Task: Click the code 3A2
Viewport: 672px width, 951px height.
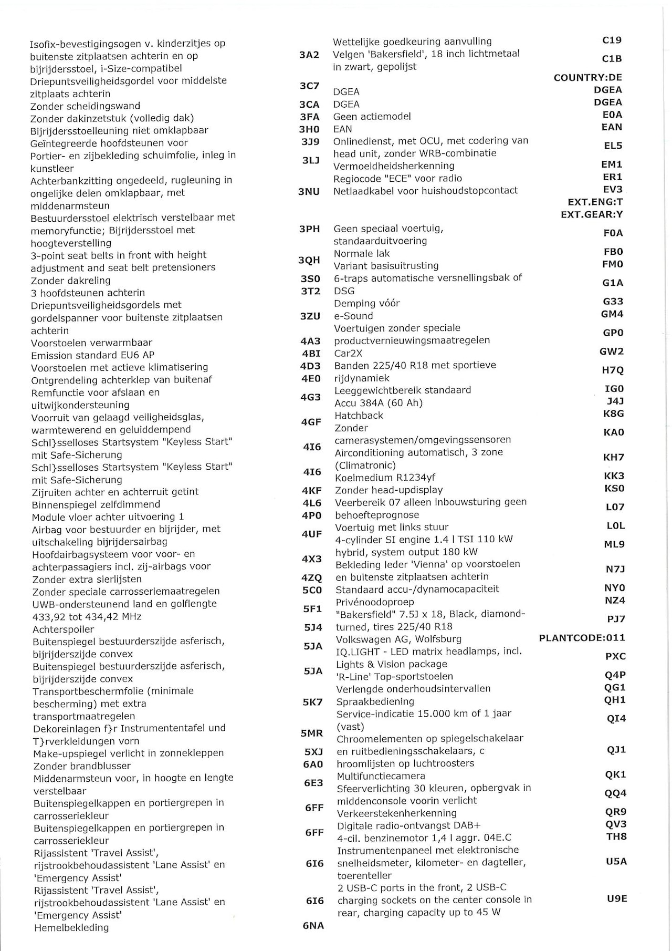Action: (x=309, y=55)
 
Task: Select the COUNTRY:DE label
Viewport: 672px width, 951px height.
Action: (x=587, y=78)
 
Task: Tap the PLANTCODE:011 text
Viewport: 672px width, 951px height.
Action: (x=582, y=638)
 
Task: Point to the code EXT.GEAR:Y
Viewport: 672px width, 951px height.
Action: (x=592, y=214)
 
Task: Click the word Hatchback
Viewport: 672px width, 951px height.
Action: (x=359, y=416)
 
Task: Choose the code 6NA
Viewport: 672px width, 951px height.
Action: (x=313, y=925)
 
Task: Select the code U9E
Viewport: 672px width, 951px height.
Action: (x=617, y=898)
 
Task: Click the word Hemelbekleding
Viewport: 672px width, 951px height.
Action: (x=71, y=927)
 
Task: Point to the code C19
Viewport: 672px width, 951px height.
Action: (x=612, y=40)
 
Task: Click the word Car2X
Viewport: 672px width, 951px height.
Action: (x=348, y=353)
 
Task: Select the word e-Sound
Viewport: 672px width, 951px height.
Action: (x=353, y=316)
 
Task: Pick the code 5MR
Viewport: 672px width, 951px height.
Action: (x=312, y=733)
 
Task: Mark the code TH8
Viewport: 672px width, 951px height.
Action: (x=616, y=836)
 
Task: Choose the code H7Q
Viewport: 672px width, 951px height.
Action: (x=613, y=370)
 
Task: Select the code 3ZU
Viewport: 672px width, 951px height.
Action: (x=310, y=316)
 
